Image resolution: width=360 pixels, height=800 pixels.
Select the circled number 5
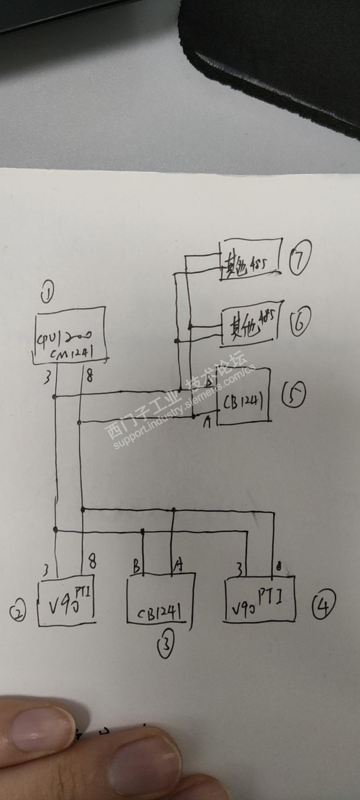coord(294,394)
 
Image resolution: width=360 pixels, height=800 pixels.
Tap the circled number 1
coord(47,294)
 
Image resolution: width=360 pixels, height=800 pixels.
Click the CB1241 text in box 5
coord(243,401)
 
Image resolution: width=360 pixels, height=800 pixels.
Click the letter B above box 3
coord(136,567)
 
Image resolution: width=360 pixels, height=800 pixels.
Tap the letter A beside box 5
coord(207,422)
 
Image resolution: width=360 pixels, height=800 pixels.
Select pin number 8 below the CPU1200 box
coord(89,376)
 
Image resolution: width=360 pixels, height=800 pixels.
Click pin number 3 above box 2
coord(46,569)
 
